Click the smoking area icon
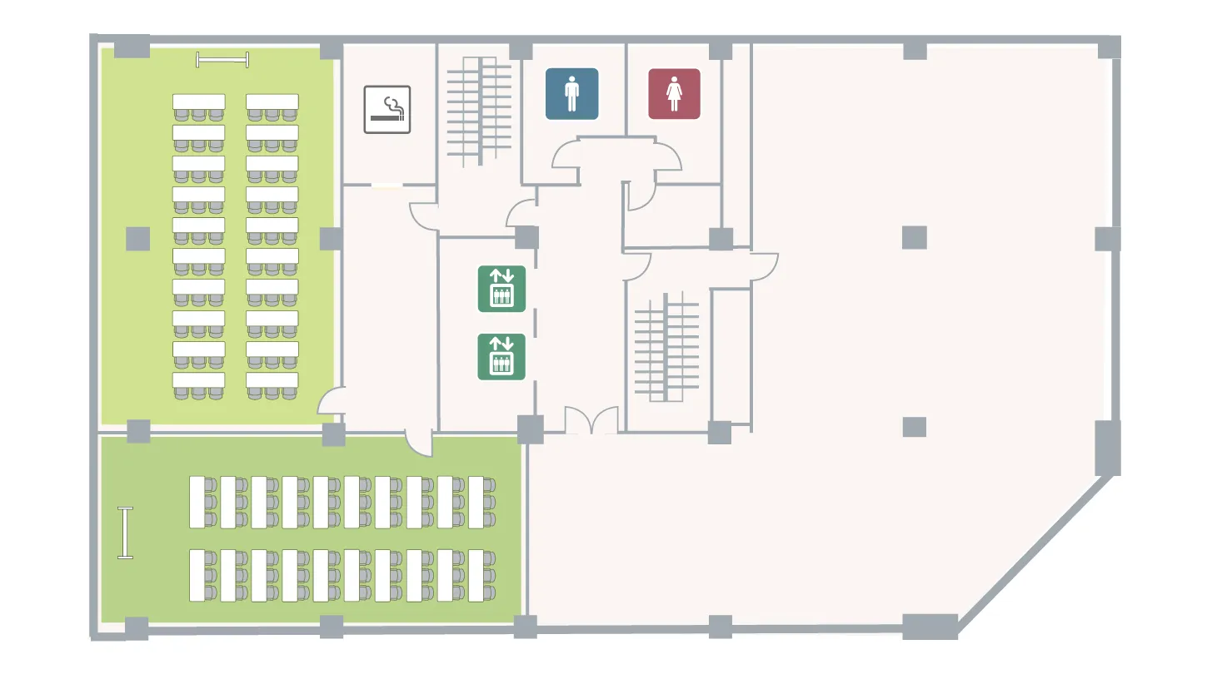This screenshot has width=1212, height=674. point(387,109)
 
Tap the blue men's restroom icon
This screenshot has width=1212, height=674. point(571,93)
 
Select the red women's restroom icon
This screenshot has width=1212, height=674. point(674,94)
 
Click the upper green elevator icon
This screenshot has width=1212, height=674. point(501,289)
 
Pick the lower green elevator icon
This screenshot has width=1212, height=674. point(501,357)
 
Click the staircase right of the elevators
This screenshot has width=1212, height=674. point(666,346)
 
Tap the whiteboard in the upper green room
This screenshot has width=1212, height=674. point(222,58)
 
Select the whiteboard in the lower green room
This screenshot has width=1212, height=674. point(126,533)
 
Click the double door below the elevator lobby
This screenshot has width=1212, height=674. point(591,421)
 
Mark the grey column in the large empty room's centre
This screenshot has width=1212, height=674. point(914,238)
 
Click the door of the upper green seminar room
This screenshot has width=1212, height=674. point(331,403)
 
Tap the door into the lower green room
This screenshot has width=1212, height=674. point(420,442)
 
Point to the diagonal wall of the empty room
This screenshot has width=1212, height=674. point(1037,550)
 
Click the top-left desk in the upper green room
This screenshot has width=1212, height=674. point(198,102)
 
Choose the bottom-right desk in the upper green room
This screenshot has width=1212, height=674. point(272,380)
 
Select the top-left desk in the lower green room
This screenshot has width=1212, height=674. point(197,502)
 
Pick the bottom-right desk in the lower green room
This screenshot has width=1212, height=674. point(476,575)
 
